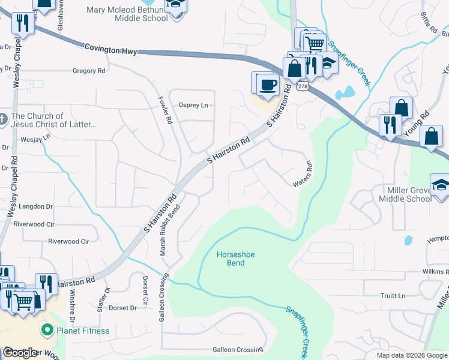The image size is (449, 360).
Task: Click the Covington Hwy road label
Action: pos(111,47)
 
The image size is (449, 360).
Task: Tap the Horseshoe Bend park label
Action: pos(235,259)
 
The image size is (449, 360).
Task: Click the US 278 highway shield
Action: pos(303,86)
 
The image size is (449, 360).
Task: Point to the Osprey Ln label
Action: pos(193,105)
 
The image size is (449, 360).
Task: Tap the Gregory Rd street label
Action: pos(88,71)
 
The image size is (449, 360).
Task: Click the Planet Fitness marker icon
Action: pos(46,330)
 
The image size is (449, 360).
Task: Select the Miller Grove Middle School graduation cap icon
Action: pos(441,184)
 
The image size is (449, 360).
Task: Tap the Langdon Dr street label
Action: pos(36,206)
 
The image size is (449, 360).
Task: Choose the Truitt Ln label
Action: pos(393,296)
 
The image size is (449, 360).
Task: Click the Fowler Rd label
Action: pos(165,110)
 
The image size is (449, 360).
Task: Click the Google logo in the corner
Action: pos(20,353)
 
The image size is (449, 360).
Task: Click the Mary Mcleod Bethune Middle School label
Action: pos(127,14)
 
